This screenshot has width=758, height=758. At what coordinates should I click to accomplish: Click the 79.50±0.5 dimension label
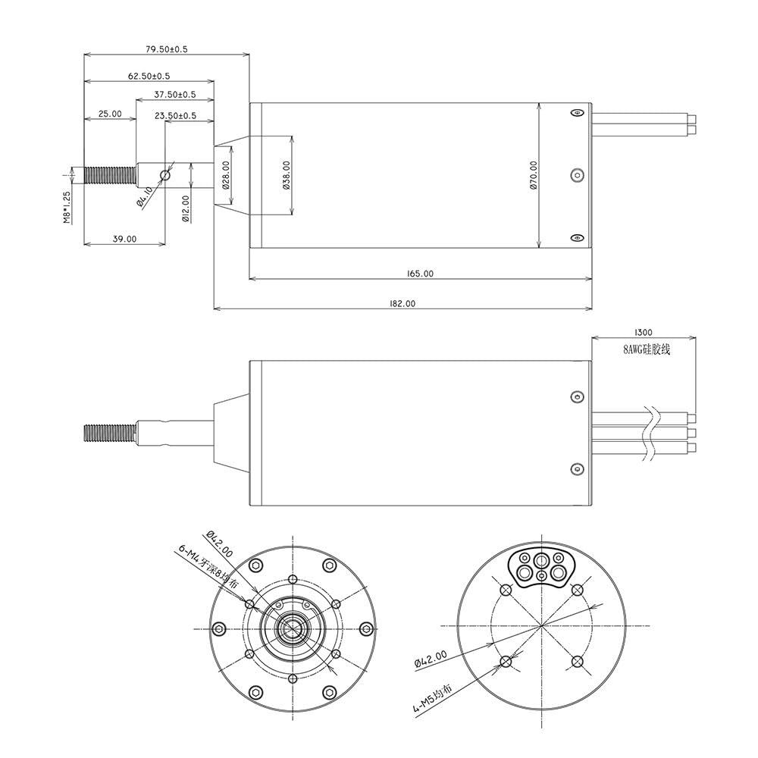pos(166,49)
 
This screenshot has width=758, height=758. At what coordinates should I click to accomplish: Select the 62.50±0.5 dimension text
pos(149,76)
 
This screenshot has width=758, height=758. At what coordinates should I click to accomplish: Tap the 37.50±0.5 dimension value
pos(174,95)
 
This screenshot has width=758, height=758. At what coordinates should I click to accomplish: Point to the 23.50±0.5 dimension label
pos(175,116)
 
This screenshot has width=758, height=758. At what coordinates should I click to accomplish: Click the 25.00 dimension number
pos(110,114)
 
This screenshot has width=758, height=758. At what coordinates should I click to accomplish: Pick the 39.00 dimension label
pos(124,239)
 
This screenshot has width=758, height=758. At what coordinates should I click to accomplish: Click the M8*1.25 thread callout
pos(67,207)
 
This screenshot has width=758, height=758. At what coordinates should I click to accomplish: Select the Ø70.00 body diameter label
pos(534,175)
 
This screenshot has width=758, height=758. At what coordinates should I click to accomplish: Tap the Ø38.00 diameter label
pos(287,175)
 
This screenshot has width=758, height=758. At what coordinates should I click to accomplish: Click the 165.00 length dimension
pos(419,274)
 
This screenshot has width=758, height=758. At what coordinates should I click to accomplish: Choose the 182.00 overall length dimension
pos(402,303)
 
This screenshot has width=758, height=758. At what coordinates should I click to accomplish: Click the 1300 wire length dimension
pos(644,332)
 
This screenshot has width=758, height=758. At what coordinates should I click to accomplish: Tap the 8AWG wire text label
pos(647,349)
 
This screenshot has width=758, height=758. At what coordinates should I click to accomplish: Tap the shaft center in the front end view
pos(292,628)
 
